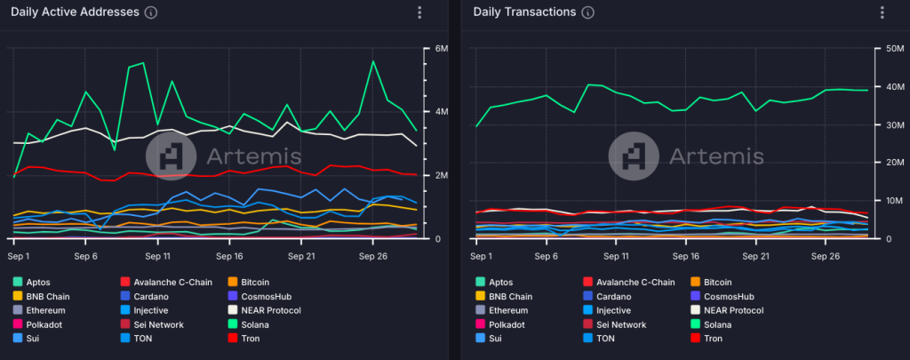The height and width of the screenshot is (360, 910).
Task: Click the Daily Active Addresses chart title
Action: pyautogui.click(x=75, y=12)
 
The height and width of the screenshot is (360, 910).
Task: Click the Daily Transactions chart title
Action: pyautogui.click(x=524, y=12)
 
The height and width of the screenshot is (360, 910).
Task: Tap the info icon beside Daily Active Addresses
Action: pyautogui.click(x=151, y=12)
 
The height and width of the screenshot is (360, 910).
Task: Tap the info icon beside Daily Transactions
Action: pyautogui.click(x=588, y=12)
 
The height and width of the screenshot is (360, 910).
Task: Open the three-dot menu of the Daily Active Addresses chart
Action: pyautogui.click(x=419, y=12)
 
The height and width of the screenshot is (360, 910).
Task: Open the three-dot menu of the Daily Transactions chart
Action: pyautogui.click(x=882, y=12)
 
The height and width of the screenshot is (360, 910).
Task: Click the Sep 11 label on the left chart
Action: pyautogui.click(x=156, y=255)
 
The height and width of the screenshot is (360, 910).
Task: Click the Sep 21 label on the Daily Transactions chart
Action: pyautogui.click(x=755, y=255)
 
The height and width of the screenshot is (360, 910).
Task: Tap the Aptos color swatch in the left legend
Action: pyautogui.click(x=18, y=282)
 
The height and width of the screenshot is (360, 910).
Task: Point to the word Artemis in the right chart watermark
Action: pyautogui.click(x=715, y=156)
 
